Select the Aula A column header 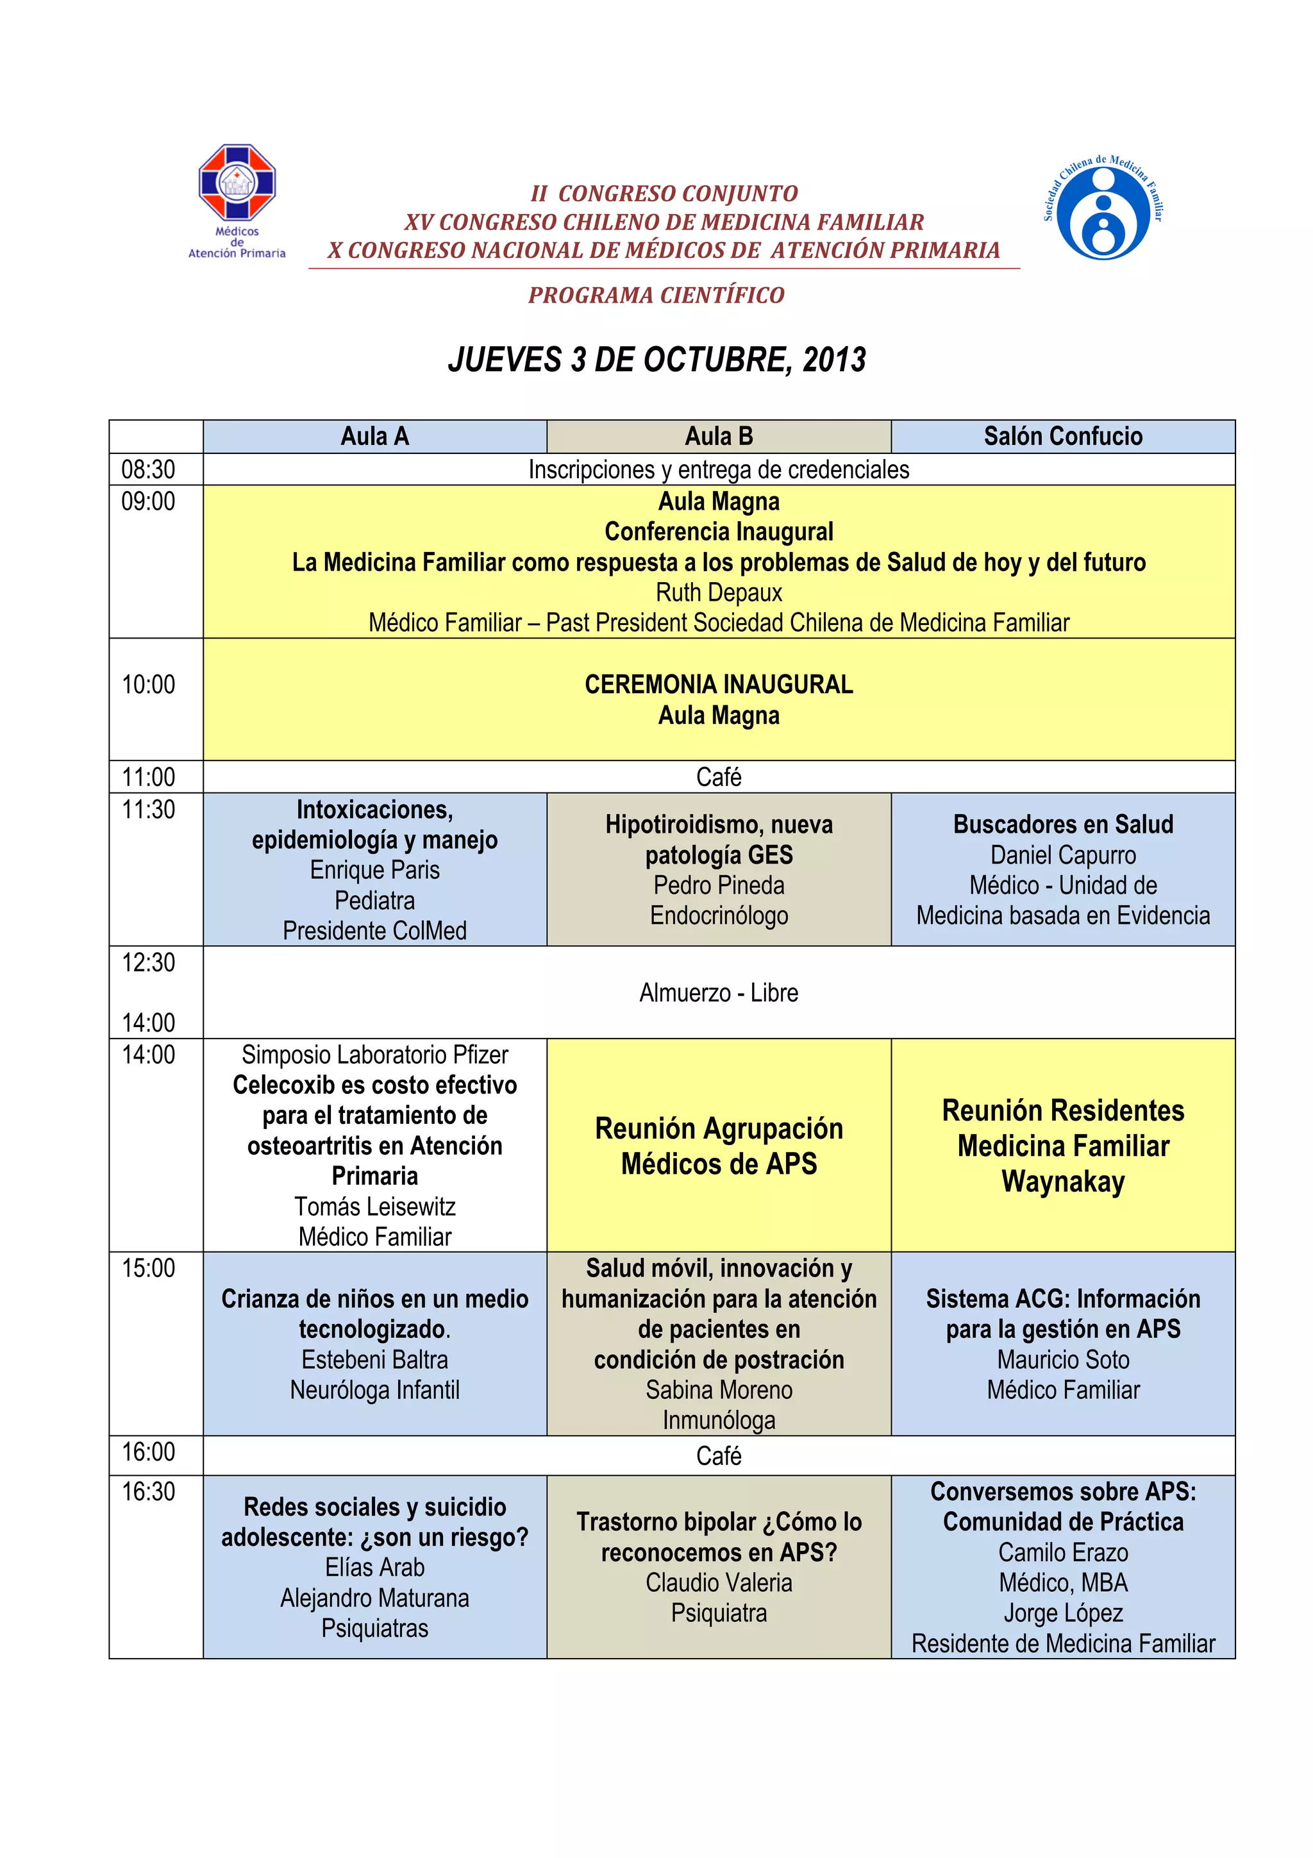(374, 436)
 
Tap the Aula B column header (719, 436)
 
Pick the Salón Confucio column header (1062, 436)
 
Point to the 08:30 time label (148, 469)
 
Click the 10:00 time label (148, 685)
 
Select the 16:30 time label (148, 1491)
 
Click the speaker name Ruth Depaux (719, 592)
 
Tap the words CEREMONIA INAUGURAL (719, 685)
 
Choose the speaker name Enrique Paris (374, 870)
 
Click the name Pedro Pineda (719, 885)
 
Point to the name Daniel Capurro (1062, 855)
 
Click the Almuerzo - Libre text (719, 993)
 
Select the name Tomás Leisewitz (374, 1207)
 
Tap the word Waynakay (1062, 1182)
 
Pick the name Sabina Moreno (719, 1390)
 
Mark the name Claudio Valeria (719, 1583)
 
